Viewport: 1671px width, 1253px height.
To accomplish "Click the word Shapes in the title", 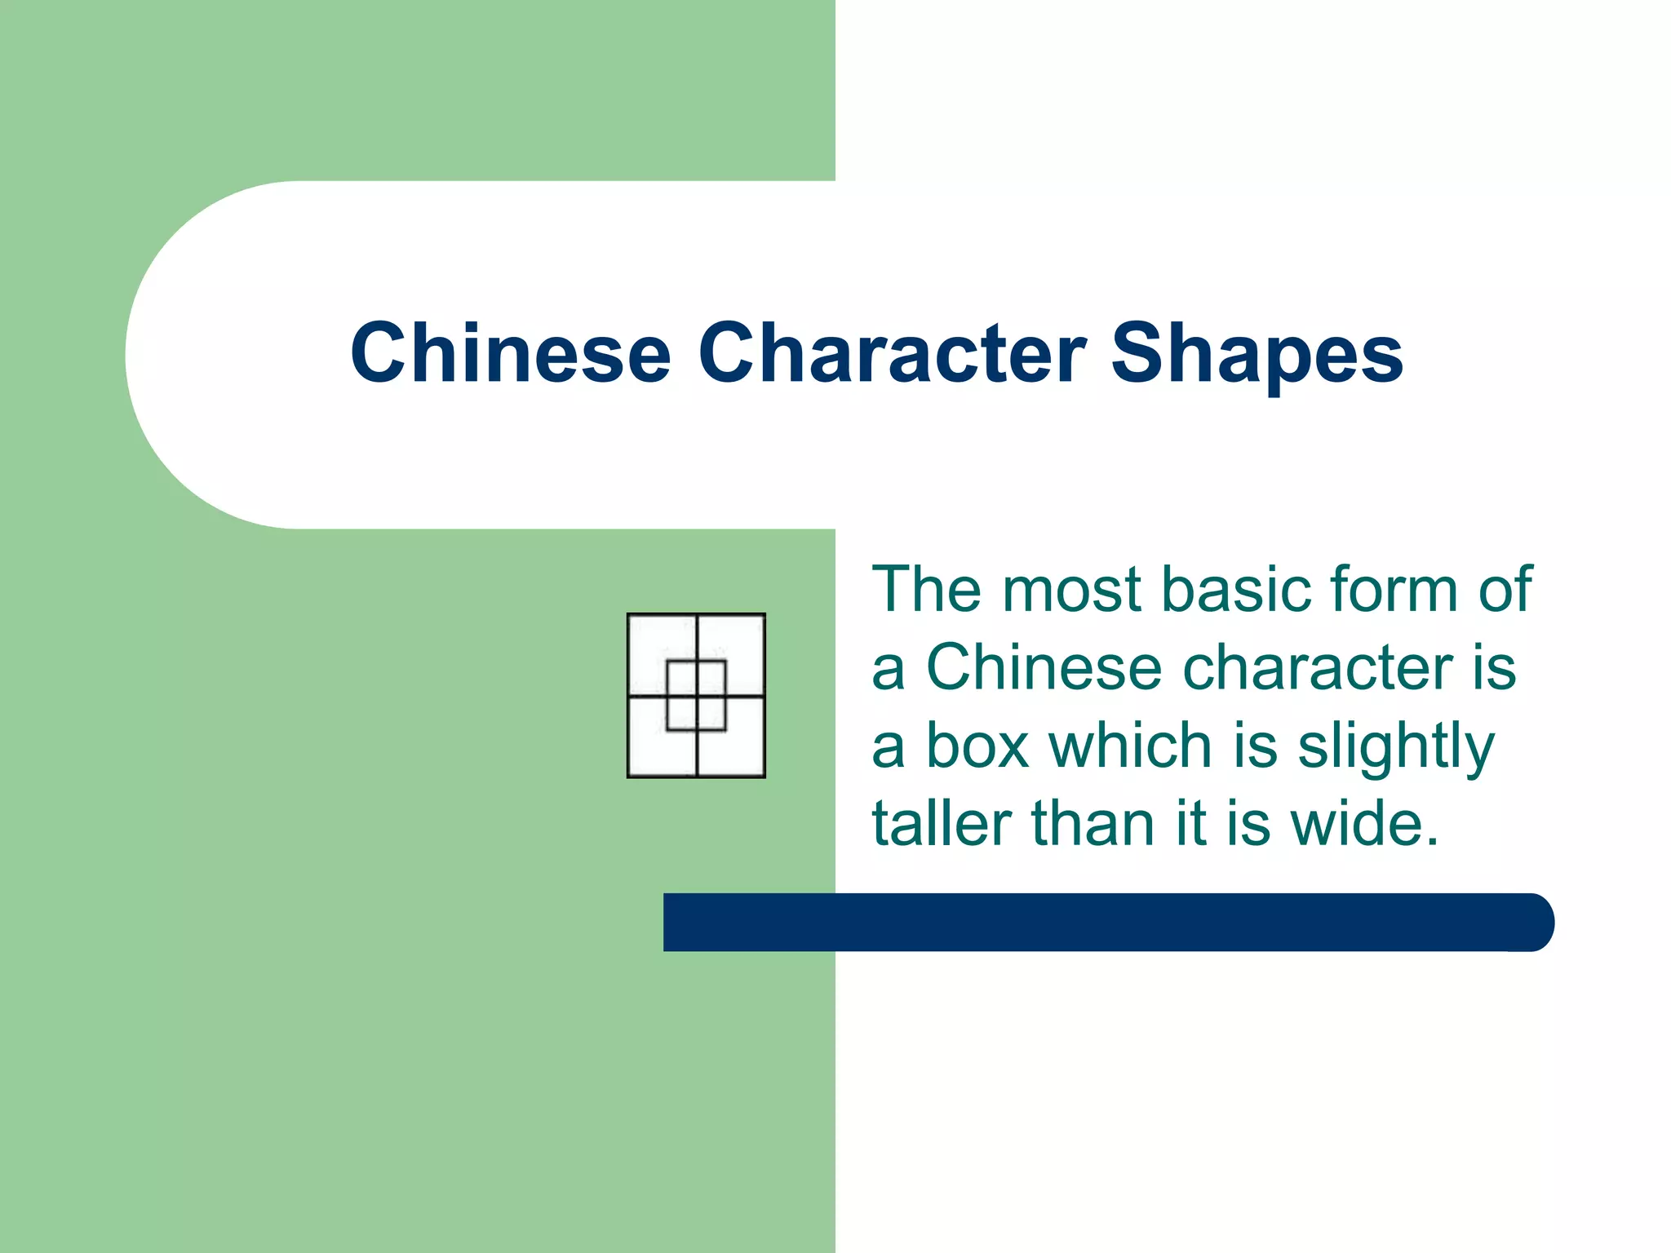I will (x=1257, y=352).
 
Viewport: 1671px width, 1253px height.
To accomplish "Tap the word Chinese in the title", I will (x=510, y=352).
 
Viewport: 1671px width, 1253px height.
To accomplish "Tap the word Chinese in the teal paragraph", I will (x=1044, y=667).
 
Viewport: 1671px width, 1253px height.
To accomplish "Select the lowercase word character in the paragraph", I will (x=1318, y=667).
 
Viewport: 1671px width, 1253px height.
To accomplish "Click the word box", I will (x=977, y=746).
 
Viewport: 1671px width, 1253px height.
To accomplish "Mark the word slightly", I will (x=1396, y=747).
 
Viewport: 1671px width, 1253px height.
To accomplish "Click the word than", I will (x=1093, y=824).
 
